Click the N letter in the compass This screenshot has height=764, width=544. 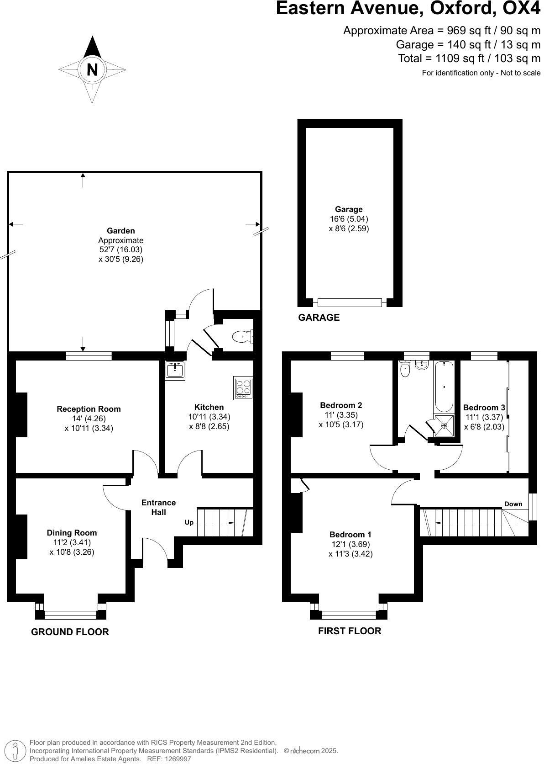click(x=92, y=70)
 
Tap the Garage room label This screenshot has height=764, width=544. click(x=349, y=209)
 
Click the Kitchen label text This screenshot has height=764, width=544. click(x=209, y=407)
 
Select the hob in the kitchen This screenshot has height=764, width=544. click(x=243, y=387)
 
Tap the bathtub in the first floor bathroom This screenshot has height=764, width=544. click(x=444, y=387)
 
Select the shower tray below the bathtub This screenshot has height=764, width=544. click(x=444, y=424)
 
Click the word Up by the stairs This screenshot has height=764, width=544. click(x=189, y=522)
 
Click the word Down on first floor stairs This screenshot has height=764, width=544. click(x=513, y=504)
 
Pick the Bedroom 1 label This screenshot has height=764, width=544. click(x=350, y=534)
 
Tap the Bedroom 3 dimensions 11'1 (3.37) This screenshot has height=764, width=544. click(x=484, y=417)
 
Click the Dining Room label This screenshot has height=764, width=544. click(x=72, y=532)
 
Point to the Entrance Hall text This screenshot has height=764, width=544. click(x=158, y=507)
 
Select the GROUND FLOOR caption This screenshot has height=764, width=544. click(x=70, y=631)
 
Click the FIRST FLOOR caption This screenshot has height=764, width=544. click(x=349, y=631)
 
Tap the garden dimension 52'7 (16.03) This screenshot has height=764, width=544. click(x=120, y=249)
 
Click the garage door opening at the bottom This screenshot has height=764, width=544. click(x=350, y=302)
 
